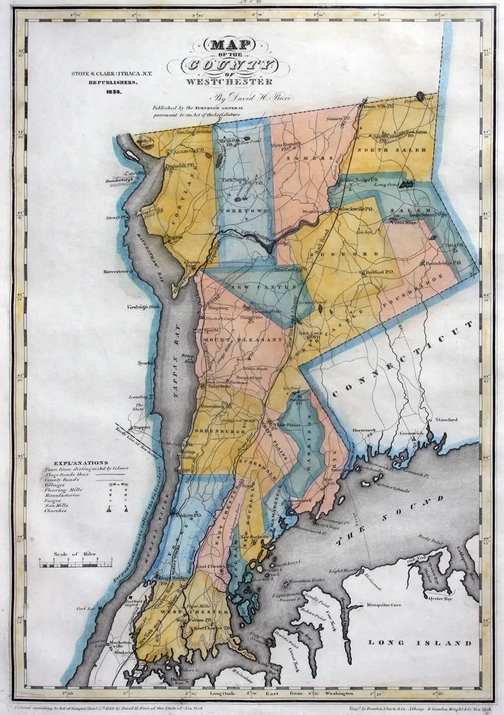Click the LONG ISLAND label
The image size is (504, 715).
[420, 643]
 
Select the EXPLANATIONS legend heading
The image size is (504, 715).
[80, 462]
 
